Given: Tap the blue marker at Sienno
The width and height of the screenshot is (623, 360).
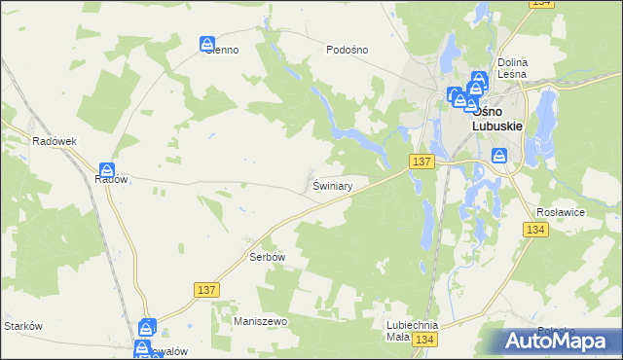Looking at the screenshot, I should point(207,44).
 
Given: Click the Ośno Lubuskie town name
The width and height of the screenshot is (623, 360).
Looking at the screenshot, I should point(497,119).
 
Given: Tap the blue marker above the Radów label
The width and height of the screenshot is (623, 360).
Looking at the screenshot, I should point(107,170).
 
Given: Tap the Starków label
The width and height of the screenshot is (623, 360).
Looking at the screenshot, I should point(23,326).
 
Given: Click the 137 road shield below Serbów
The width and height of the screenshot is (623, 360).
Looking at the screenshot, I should point(206,289).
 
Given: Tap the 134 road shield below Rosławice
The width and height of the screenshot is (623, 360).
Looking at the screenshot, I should point(534,230).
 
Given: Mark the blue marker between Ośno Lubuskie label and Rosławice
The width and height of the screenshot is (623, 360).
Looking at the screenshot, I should point(499,155).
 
